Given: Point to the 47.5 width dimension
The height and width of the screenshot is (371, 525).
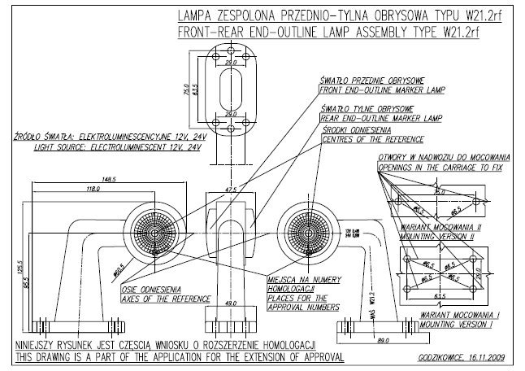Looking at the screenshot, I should click(x=231, y=190).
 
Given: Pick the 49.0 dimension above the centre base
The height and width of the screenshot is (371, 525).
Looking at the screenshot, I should click(x=231, y=303).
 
